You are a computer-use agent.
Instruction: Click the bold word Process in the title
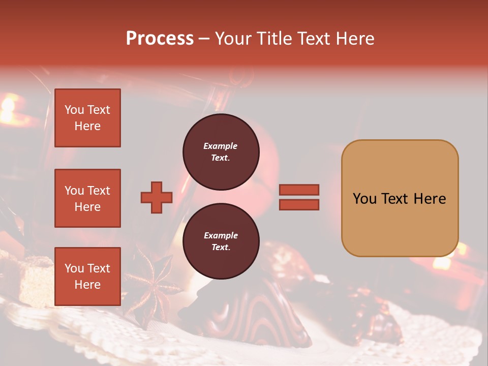[160, 39]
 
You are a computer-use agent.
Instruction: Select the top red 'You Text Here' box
[87, 118]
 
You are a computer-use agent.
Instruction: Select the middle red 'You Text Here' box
[87, 198]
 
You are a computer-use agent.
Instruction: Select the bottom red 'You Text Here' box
[87, 276]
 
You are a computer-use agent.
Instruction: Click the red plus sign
[157, 197]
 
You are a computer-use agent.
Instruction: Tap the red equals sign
[299, 197]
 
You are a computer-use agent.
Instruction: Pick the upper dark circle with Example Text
[221, 152]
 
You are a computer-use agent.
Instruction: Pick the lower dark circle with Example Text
[221, 241]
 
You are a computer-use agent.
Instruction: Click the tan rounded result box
[400, 198]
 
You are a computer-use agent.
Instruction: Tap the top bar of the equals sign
[299, 190]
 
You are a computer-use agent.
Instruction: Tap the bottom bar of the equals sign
[299, 204]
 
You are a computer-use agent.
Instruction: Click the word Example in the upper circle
[221, 146]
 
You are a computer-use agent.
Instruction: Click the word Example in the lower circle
[221, 235]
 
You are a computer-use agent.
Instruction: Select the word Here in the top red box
[87, 126]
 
